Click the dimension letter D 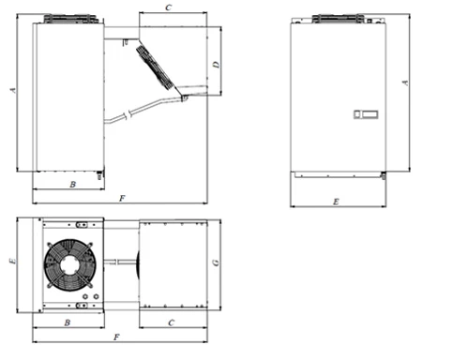click(217, 65)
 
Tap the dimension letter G click(217, 262)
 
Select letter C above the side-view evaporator click(169, 7)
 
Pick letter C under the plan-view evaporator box click(172, 322)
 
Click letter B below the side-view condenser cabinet click(72, 185)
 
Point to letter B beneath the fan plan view click(68, 322)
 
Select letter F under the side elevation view click(122, 198)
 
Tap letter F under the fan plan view click(116, 337)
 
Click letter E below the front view click(336, 202)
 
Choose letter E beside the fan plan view click(13, 261)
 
